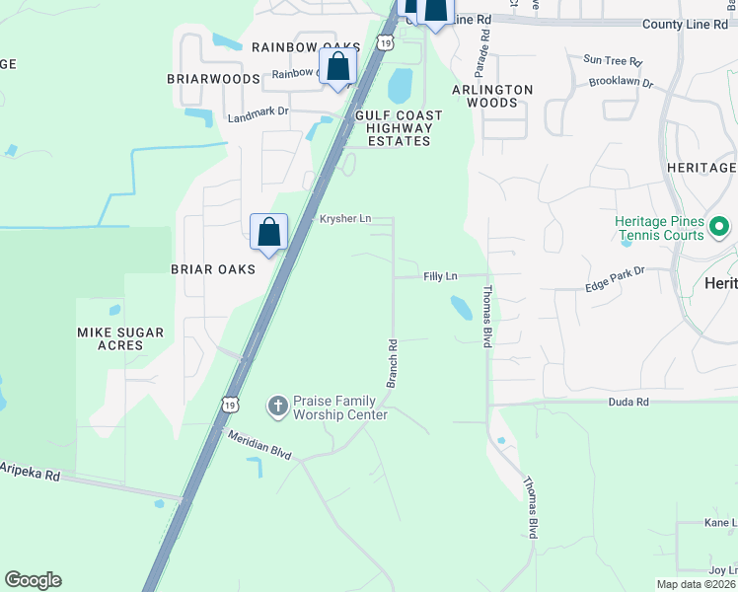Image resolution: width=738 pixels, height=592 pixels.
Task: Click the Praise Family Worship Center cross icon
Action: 277,406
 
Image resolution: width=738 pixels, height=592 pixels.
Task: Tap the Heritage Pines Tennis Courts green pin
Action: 719,229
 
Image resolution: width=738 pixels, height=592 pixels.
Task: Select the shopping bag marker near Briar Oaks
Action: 268,234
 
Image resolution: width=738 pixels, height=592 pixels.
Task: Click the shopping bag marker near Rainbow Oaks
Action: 337,68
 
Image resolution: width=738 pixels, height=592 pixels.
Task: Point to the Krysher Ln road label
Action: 344,218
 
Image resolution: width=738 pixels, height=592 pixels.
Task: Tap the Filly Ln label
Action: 440,276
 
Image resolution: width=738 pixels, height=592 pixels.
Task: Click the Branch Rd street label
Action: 392,363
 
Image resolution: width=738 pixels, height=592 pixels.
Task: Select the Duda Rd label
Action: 628,402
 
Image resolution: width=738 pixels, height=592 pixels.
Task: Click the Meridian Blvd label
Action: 259,445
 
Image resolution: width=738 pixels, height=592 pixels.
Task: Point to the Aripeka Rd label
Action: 30,471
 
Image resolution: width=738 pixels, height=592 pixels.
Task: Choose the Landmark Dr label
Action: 258,113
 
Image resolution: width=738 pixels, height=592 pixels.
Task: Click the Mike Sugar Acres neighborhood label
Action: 120,339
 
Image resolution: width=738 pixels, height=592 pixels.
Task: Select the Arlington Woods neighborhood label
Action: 492,96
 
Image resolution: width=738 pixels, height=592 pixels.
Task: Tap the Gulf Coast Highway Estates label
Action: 399,128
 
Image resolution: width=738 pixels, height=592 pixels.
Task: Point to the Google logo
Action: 33,580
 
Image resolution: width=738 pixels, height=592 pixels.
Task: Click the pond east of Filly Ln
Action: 461,308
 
